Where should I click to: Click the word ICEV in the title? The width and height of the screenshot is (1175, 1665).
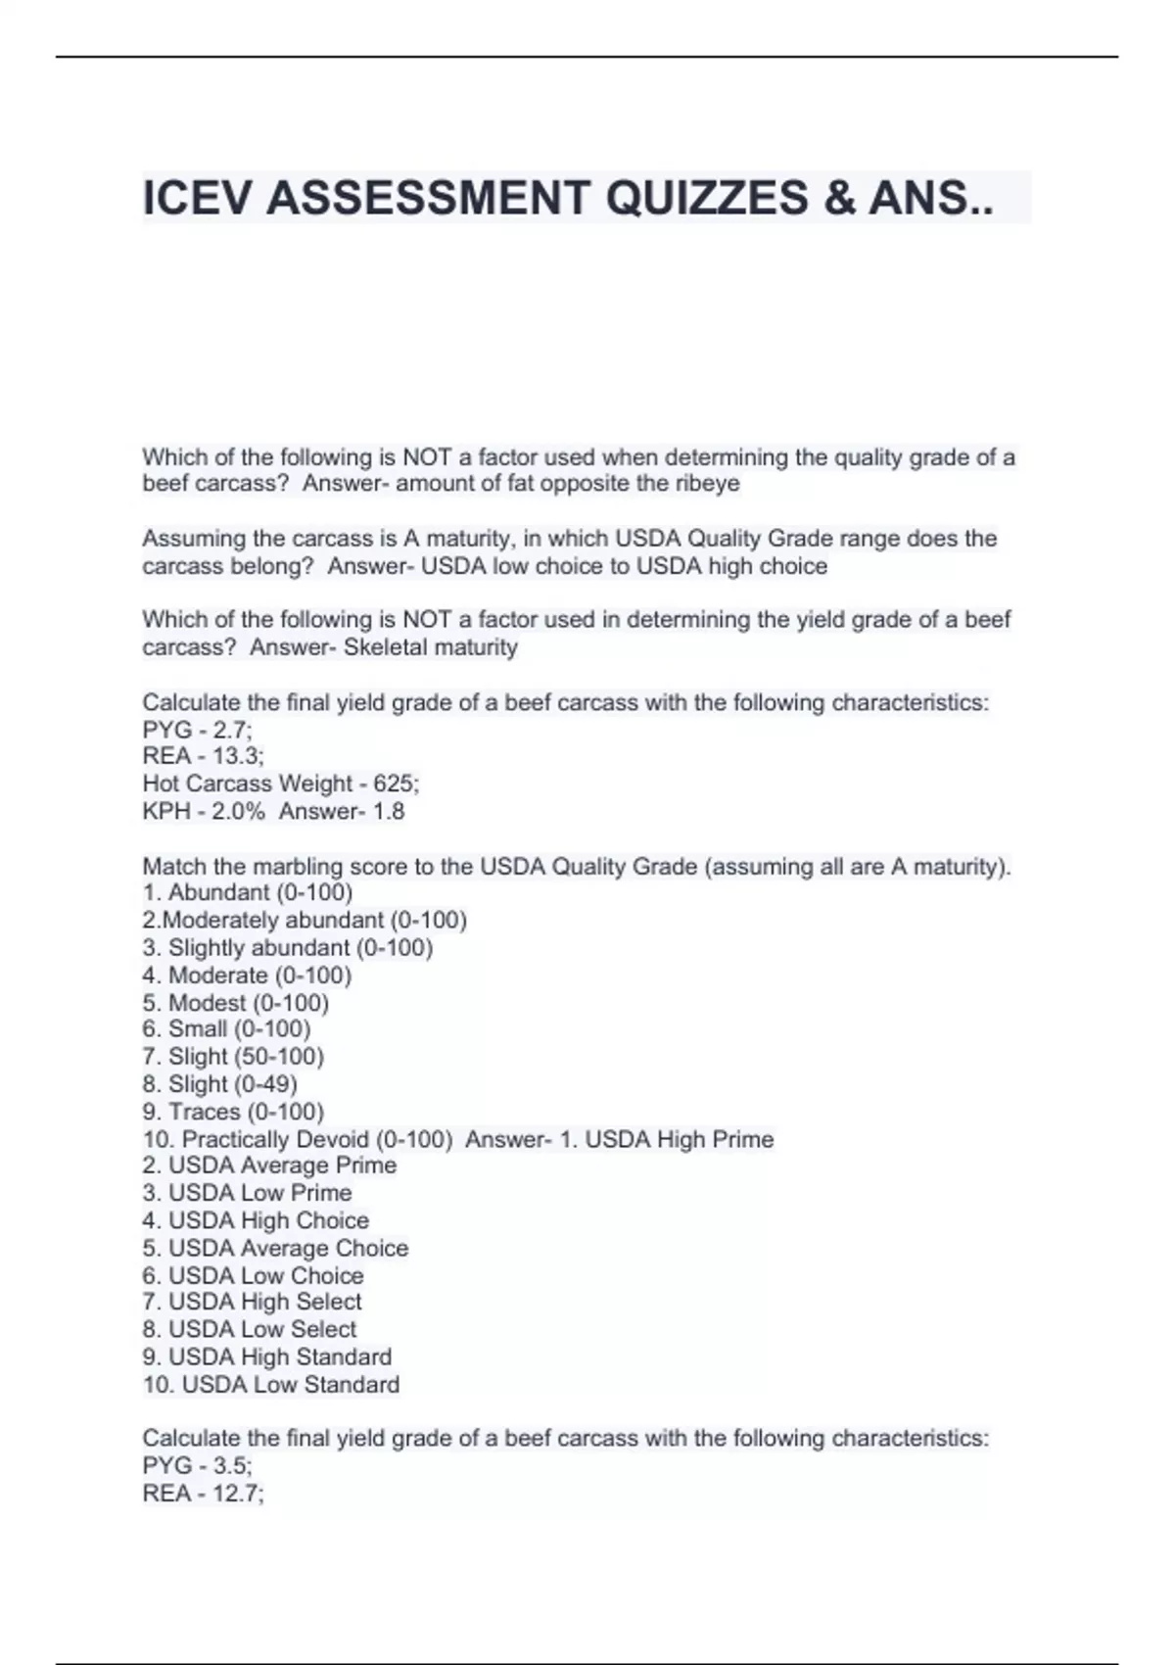[x=198, y=198]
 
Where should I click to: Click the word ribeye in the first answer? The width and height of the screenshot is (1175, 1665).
[x=707, y=484]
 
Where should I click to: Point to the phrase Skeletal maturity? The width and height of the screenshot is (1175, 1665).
[x=431, y=647]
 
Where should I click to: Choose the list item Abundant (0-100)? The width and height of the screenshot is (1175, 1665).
[x=259, y=892]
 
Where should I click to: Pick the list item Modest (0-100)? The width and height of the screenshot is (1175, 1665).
[x=248, y=1003]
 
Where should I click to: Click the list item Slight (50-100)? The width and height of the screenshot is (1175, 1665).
[x=246, y=1057]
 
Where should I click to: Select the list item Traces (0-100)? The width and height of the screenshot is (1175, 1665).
[x=246, y=1112]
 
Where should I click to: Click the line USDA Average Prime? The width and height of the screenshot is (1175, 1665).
[x=282, y=1165]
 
